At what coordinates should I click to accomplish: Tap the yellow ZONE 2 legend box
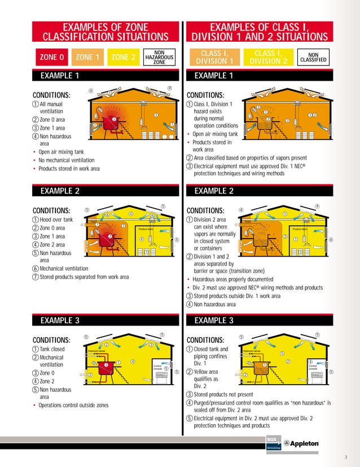pyautogui.click(x=123, y=57)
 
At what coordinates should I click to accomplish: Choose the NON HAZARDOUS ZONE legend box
pyautogui.click(x=159, y=57)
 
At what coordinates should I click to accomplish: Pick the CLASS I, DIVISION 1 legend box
pyautogui.click(x=213, y=57)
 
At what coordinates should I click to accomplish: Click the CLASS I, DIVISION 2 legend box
pyautogui.click(x=268, y=57)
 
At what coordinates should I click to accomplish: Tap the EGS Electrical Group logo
pyautogui.click(x=274, y=443)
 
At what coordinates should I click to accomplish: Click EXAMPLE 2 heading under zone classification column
pyautogui.click(x=60, y=191)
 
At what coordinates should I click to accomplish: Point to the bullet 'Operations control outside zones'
pyautogui.click(x=73, y=405)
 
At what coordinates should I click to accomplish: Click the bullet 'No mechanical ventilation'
pyautogui.click(x=68, y=160)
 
